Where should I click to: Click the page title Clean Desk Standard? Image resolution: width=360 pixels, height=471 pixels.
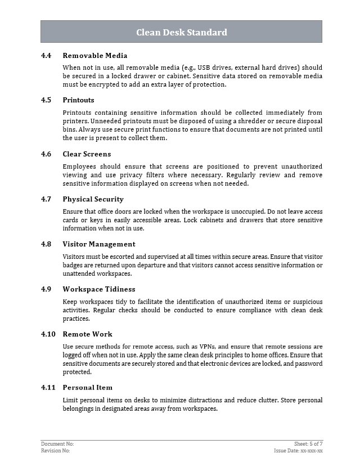181,32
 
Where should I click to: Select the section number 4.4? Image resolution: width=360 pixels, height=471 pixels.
46,55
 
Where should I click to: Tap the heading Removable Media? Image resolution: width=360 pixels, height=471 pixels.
94,55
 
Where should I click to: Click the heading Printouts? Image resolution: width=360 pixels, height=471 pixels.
78,100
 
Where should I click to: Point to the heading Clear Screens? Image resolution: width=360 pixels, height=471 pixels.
87,154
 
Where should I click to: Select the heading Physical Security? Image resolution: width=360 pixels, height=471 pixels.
93,199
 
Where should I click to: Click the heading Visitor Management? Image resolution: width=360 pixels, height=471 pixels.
98,244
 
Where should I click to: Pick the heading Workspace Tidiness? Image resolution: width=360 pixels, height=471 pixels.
98,289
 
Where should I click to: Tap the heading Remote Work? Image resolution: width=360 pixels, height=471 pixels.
87,334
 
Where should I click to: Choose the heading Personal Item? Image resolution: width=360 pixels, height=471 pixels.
87,387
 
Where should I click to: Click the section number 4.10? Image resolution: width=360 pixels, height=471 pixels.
48,334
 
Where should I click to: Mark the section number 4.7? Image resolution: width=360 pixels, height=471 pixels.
46,199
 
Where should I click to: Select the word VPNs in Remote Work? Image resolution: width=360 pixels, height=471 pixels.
208,346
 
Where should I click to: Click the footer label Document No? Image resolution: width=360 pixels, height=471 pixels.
57,444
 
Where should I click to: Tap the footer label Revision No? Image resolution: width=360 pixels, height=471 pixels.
56,451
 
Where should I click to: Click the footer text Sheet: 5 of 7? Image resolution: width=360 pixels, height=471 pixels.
308,444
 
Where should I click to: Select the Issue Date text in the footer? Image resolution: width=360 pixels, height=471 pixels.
298,451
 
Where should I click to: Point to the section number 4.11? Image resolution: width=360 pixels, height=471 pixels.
48,387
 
